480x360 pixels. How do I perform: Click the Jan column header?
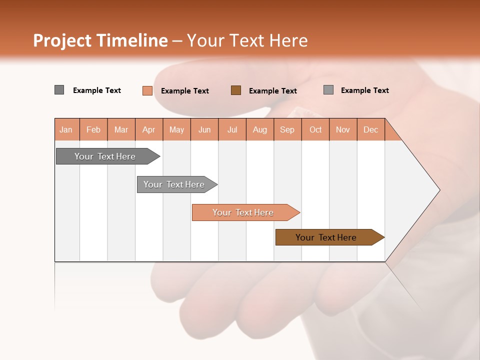coord(66,129)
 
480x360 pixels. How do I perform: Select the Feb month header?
coord(93,129)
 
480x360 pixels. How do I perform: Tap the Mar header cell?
coord(121,129)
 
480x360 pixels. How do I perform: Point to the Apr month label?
coord(149,129)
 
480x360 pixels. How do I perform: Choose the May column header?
coord(176,129)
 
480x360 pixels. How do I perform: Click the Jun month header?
coord(204,129)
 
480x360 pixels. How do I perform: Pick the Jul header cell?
coord(232,129)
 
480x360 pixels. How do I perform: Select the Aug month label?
coord(260,129)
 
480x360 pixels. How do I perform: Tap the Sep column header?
coord(287,129)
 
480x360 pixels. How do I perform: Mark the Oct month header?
coord(315,129)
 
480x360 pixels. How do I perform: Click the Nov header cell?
coord(343,129)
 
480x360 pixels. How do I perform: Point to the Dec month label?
coord(371,129)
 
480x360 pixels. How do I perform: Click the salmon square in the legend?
coord(147,90)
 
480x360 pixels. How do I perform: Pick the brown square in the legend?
coord(236,90)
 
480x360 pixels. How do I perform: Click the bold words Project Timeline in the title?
coord(100,40)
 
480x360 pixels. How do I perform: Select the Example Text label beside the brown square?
coord(273,91)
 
